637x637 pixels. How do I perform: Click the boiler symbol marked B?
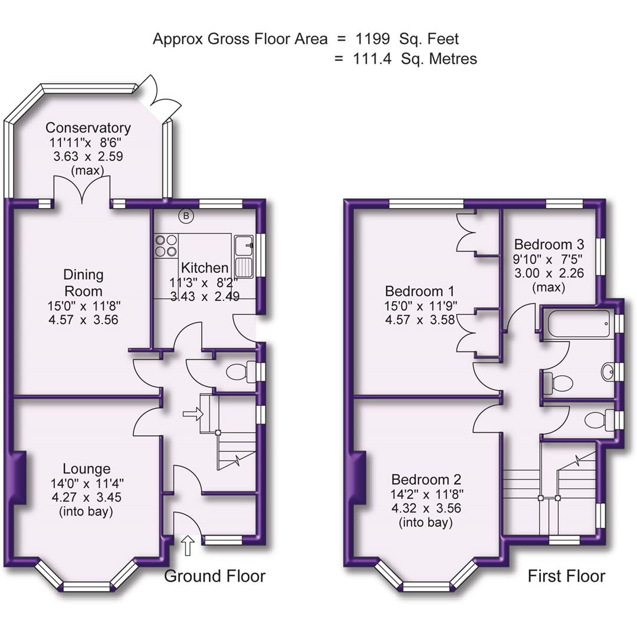[x=186, y=216]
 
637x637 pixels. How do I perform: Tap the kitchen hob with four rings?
[x=166, y=245]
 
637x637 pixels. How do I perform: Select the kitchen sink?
[x=244, y=257]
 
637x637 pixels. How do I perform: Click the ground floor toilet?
[x=241, y=372]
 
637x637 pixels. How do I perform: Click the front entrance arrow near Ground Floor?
[x=188, y=545]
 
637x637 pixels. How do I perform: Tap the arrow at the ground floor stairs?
[x=191, y=415]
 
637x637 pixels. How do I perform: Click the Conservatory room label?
[x=88, y=128]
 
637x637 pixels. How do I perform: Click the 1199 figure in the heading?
[x=372, y=39]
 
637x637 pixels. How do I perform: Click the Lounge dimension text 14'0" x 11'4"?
[x=87, y=484]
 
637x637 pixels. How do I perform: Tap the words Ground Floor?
[x=215, y=576]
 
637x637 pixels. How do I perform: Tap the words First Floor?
[x=566, y=576]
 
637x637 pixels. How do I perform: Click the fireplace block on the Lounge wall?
[x=18, y=478]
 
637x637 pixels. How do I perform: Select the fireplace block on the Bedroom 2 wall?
[x=358, y=478]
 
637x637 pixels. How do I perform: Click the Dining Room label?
[x=83, y=283]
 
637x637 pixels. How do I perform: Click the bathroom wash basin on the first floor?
[x=608, y=371]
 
